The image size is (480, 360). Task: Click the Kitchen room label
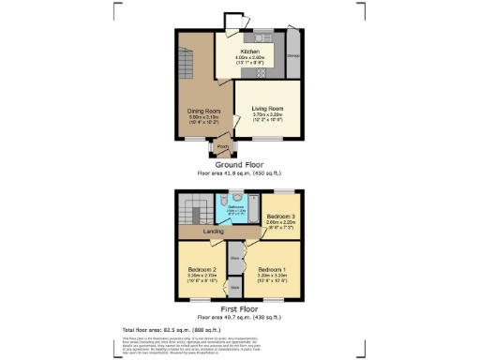[249, 51]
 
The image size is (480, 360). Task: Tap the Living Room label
[267, 108]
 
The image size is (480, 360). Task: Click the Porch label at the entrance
[223, 146]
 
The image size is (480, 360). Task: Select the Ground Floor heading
[239, 165]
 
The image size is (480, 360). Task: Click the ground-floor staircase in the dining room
[182, 66]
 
